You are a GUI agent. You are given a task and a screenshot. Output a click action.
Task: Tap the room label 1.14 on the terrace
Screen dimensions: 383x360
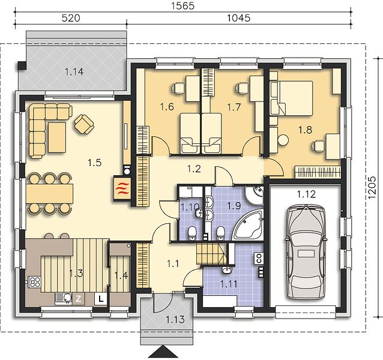click(x=74, y=72)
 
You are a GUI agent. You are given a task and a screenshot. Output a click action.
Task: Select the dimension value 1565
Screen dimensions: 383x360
click(x=183, y=6)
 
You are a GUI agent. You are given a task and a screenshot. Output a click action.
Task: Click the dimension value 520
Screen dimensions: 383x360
click(x=71, y=18)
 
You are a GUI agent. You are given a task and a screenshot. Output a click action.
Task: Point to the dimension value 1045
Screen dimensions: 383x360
click(x=239, y=18)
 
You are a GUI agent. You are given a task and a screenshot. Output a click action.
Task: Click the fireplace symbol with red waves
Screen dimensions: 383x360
click(x=122, y=188)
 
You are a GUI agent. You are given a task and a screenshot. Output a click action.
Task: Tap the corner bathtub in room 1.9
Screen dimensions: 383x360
click(x=248, y=225)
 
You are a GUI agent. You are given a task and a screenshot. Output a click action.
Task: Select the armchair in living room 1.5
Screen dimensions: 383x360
click(x=84, y=124)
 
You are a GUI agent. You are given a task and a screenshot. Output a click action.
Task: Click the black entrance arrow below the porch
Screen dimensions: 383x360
click(x=164, y=353)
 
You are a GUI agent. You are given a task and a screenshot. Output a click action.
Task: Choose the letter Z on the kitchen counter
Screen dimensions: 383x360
click(x=79, y=298)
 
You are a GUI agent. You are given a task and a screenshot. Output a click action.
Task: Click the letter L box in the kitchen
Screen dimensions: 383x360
click(x=101, y=298)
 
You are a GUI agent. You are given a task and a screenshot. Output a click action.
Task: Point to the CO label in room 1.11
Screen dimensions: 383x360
click(x=259, y=258)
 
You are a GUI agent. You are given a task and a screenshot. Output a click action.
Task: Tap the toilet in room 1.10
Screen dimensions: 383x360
click(x=192, y=233)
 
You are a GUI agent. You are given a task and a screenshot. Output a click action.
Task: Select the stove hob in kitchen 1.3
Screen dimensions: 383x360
click(x=34, y=281)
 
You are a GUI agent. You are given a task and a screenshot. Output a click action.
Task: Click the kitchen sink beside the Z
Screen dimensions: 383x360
click(x=64, y=298)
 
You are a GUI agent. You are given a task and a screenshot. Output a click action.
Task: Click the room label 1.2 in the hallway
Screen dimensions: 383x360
click(x=194, y=169)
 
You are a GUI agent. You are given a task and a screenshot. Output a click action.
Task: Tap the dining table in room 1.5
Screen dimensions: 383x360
click(x=50, y=194)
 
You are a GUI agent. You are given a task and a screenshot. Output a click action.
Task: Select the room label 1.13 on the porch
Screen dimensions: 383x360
click(x=175, y=319)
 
